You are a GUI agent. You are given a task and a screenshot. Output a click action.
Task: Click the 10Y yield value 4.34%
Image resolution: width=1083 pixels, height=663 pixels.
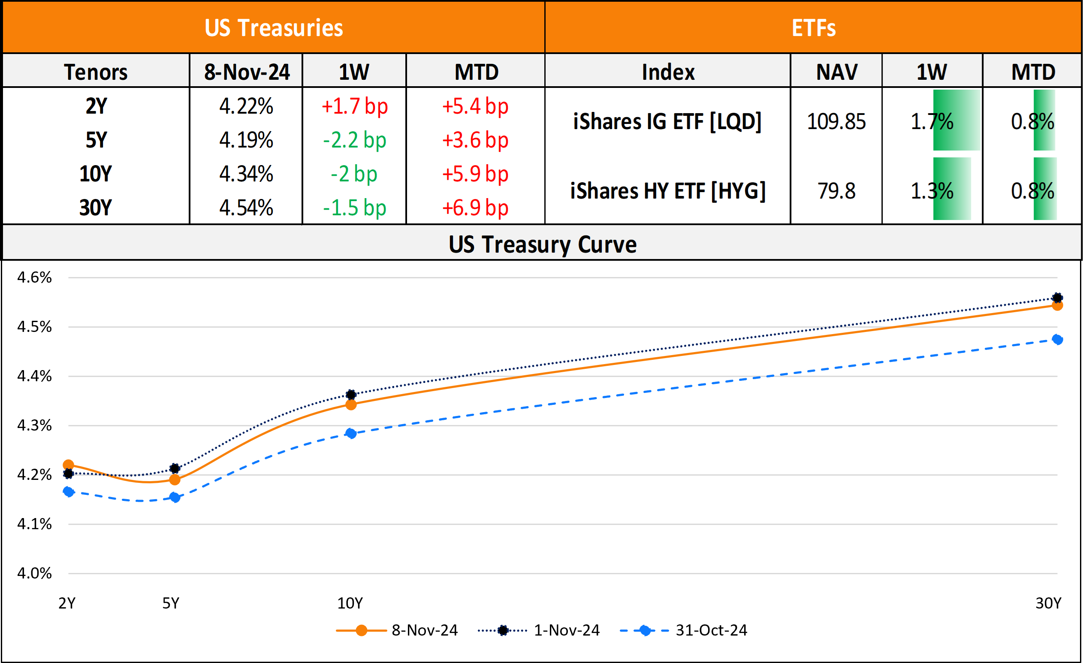click(x=246, y=174)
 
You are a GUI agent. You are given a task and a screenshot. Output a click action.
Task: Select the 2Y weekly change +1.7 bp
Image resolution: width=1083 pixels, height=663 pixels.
click(x=354, y=106)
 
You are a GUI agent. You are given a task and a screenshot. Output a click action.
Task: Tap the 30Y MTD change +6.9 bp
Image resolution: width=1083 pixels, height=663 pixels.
click(x=475, y=208)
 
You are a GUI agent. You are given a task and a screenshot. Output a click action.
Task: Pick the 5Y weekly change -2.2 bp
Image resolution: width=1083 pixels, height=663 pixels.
click(x=354, y=140)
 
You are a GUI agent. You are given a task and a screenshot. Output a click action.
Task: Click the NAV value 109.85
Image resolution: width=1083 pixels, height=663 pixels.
click(x=836, y=122)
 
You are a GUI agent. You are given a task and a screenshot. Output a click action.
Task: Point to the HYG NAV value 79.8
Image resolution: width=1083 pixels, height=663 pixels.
click(x=836, y=191)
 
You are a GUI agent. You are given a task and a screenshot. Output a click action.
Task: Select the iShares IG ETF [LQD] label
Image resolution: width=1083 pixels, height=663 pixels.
click(x=667, y=122)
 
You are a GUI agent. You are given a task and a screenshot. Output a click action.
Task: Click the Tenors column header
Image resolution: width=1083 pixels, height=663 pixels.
click(x=96, y=72)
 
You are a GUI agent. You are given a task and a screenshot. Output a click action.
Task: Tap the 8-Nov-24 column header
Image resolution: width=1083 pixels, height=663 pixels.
click(x=247, y=72)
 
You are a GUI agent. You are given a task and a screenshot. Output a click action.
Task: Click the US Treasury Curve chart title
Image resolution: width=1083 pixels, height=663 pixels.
click(x=543, y=244)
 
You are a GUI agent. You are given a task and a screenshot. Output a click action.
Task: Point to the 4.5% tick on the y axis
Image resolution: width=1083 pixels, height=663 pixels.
click(x=34, y=327)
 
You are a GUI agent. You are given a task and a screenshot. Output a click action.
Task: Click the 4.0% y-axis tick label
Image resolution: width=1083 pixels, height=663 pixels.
click(x=34, y=573)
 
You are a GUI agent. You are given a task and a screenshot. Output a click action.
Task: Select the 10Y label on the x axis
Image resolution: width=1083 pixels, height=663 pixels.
click(x=350, y=603)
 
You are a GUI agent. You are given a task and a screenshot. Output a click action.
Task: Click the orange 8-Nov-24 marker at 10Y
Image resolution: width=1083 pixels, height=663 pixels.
click(x=351, y=405)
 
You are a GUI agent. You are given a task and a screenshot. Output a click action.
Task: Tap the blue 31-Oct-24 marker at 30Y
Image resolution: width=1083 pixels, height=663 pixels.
click(x=1058, y=340)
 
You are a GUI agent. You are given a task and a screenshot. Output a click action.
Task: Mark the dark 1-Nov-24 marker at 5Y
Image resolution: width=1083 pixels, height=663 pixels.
click(x=175, y=468)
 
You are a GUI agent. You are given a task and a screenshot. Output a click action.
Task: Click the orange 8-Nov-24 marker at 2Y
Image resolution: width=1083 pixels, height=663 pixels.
click(x=69, y=465)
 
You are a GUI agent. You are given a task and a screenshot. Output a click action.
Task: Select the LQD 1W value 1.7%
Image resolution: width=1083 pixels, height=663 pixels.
click(x=932, y=122)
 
